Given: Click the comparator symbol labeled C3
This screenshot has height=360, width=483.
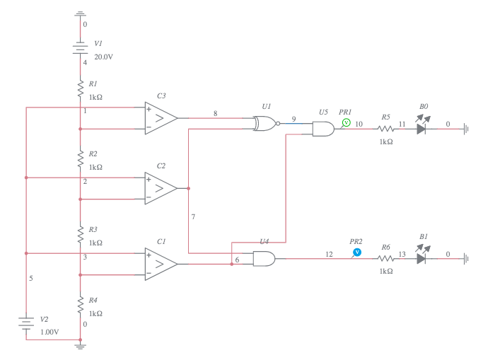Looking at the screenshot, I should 161,118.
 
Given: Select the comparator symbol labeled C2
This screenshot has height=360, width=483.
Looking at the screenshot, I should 161,188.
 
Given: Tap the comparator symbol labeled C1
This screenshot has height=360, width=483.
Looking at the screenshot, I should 161,264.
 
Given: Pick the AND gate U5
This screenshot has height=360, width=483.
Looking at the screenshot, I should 324,128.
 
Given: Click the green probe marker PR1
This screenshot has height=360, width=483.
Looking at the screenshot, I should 347,122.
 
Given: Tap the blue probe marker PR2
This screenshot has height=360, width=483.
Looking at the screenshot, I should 357,252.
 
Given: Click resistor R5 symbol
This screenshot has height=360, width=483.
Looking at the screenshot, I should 385,129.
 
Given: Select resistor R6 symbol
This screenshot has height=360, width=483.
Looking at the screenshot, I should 385,259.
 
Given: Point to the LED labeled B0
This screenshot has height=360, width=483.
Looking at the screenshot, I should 422,128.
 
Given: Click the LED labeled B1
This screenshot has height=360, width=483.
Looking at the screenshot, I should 422,258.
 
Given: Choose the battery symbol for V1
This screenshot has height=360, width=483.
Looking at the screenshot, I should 81,48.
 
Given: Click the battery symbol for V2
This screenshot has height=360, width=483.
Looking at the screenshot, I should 26,324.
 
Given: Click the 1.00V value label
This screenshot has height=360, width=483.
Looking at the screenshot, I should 50,331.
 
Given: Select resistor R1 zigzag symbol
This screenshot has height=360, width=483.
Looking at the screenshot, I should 81,89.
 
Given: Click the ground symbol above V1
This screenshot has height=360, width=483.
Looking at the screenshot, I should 81,14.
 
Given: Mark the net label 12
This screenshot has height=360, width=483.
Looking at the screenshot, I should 329,253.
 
